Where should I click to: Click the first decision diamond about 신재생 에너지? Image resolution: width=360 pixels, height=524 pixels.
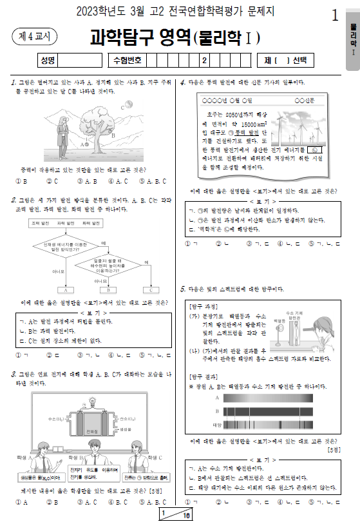[63, 247]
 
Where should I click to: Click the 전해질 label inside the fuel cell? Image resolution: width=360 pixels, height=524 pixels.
[82, 431]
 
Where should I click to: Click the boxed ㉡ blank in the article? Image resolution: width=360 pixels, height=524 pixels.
[314, 149]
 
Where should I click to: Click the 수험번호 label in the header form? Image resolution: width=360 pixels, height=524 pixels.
[127, 61]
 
